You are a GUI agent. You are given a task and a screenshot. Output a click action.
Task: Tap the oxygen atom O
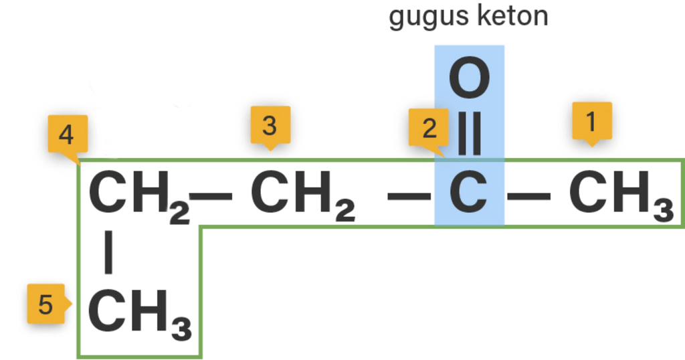tap(469, 79)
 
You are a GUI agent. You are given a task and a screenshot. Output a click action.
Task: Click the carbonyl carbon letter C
tap(469, 192)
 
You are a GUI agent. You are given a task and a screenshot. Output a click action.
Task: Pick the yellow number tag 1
tap(590, 121)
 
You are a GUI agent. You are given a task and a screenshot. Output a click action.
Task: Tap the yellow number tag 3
tap(269, 125)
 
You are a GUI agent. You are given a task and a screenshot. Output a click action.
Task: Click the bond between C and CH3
tap(529, 195)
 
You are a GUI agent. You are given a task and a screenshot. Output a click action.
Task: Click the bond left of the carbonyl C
tap(409, 195)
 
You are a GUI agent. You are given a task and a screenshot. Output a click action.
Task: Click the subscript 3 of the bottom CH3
tap(181, 329)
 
